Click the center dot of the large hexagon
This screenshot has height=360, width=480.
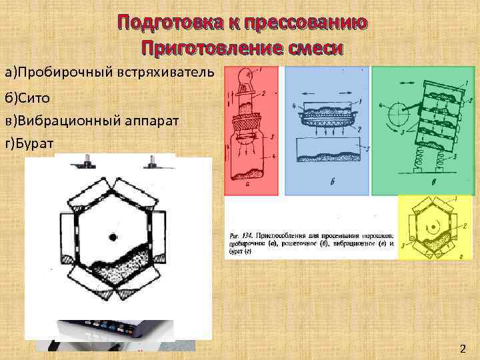[x=113, y=237]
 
